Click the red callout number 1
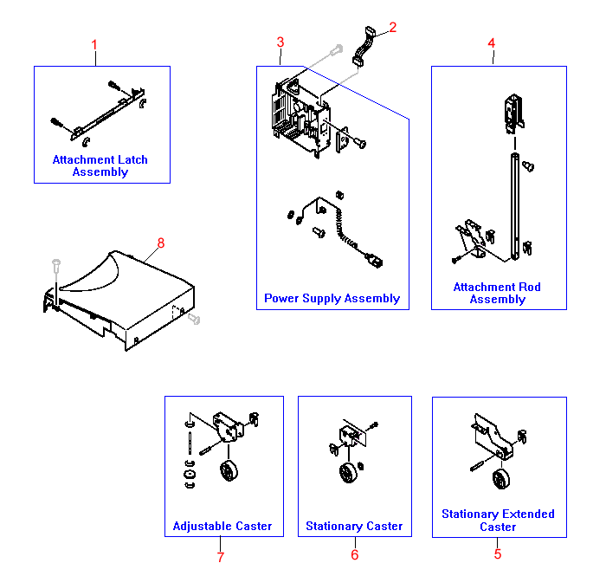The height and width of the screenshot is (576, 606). click(x=95, y=44)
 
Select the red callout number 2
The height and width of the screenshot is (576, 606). click(x=392, y=28)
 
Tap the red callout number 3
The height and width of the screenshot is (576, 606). click(x=280, y=42)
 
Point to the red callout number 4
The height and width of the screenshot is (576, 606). click(x=492, y=43)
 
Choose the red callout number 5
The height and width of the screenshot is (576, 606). click(x=498, y=554)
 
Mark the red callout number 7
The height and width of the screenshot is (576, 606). click(x=221, y=557)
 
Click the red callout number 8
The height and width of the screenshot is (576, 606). click(x=159, y=243)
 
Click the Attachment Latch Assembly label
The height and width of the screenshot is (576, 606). click(x=100, y=165)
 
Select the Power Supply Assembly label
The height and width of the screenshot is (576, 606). click(x=332, y=299)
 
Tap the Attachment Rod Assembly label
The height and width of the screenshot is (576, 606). click(x=498, y=293)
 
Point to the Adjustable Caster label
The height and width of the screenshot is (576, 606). click(x=222, y=526)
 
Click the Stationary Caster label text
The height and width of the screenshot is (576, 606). click(x=354, y=526)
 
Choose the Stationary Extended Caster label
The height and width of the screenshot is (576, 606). click(x=498, y=520)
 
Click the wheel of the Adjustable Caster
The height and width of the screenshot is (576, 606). click(x=229, y=473)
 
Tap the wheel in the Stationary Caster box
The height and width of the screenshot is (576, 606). click(x=348, y=474)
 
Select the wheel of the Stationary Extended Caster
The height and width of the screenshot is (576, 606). click(x=501, y=481)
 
